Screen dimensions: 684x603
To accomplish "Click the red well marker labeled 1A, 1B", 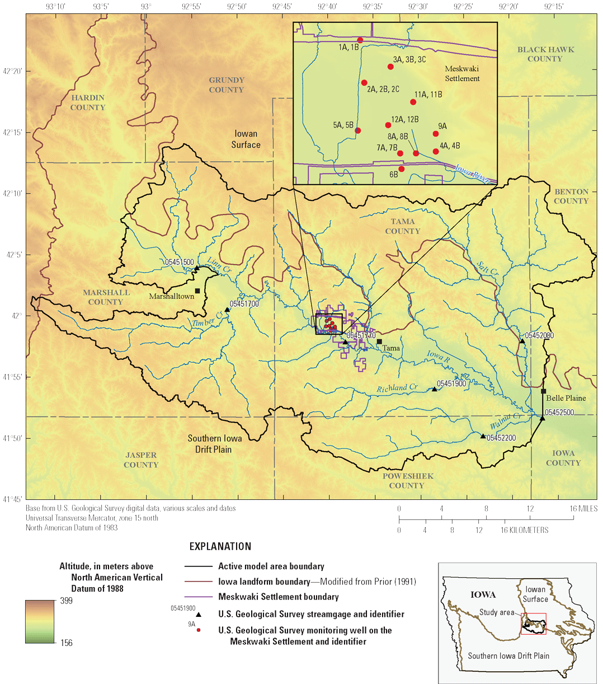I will click(360, 40).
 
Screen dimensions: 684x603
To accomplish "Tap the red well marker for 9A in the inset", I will click(436, 134).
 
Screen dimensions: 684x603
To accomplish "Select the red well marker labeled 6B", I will click(401, 169).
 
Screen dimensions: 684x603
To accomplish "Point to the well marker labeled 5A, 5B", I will click(358, 131).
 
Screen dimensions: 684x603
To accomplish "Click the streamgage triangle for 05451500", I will click(197, 268).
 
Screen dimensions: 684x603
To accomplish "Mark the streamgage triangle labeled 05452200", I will click(483, 435).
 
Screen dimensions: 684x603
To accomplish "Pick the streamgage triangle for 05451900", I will click(435, 389).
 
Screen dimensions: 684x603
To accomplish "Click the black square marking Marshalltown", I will click(197, 291).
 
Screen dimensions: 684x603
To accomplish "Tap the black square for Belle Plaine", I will click(543, 391).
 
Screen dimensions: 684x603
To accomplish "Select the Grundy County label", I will click(227, 85).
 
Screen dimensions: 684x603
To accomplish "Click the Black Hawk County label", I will click(545, 54).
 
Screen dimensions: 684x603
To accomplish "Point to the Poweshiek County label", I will click(408, 481).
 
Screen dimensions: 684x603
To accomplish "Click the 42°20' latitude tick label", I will click(13, 71).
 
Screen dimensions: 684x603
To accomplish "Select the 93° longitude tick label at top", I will click(146, 7).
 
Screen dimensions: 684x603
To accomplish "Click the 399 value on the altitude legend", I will click(66, 601).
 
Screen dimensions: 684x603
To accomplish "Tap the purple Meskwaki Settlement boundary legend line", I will click(199, 597).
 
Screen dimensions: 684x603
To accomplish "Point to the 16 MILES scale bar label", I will click(583, 509).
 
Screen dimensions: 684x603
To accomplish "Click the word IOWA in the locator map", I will click(483, 594).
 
